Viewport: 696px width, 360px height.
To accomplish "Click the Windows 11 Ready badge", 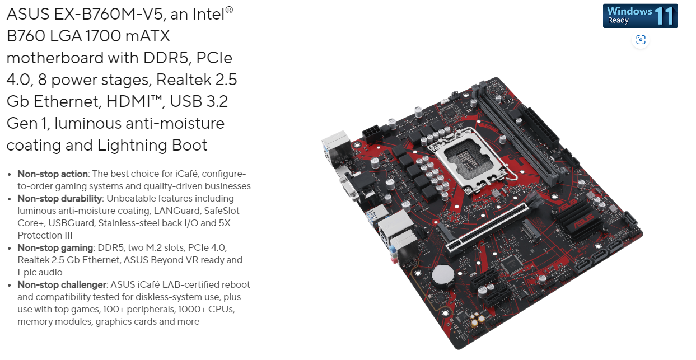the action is tap(640, 16).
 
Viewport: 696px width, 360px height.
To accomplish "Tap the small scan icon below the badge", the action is tap(641, 40).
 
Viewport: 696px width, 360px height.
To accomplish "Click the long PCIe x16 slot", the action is tap(488, 229).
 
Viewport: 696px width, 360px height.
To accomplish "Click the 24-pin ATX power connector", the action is tap(539, 128).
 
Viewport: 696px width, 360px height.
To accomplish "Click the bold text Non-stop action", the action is tap(53, 174).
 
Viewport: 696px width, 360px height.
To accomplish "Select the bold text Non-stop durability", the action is tap(60, 199).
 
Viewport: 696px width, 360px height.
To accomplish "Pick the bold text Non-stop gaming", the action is tap(55, 248).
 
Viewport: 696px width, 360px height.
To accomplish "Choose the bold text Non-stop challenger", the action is tap(62, 284).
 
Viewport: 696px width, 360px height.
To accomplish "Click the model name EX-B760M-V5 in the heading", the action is tap(109, 15).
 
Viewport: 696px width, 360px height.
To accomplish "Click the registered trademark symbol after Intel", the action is tap(229, 10).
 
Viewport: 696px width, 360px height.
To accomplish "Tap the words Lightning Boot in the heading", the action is tap(152, 146).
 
